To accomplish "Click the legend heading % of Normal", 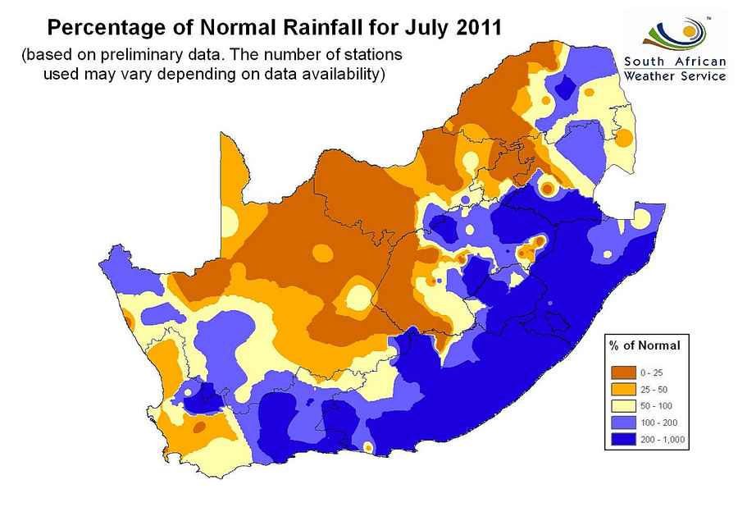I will (x=645, y=345).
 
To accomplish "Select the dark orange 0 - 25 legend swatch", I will (x=622, y=372).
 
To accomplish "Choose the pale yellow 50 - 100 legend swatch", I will (x=622, y=405).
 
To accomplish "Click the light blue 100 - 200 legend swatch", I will (x=622, y=422).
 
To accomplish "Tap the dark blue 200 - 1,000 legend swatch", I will (x=622, y=439).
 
